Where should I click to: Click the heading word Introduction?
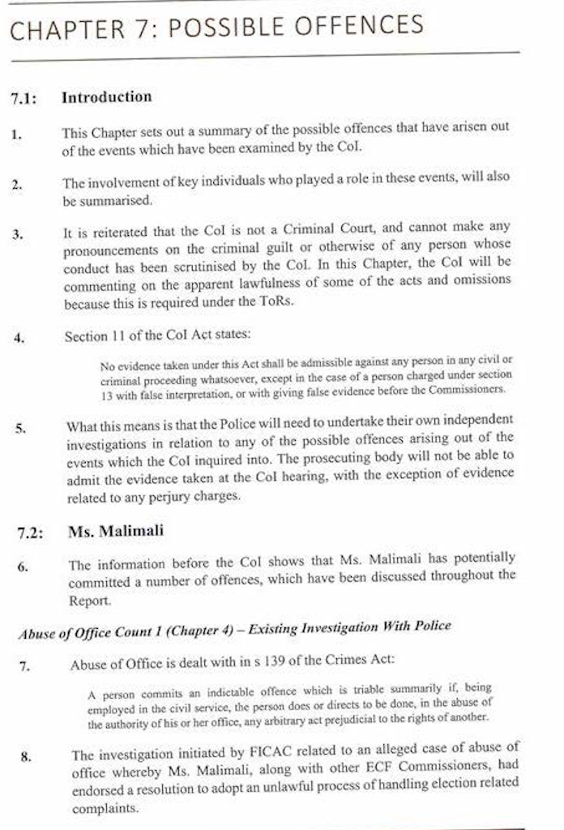pos(106,97)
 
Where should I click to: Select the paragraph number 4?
pos(19,338)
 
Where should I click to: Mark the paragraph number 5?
pos(20,426)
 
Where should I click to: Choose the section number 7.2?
pos(31,533)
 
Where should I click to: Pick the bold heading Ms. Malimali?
pos(116,532)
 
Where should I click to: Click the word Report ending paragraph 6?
pos(89,602)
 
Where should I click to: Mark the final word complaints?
pos(105,809)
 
